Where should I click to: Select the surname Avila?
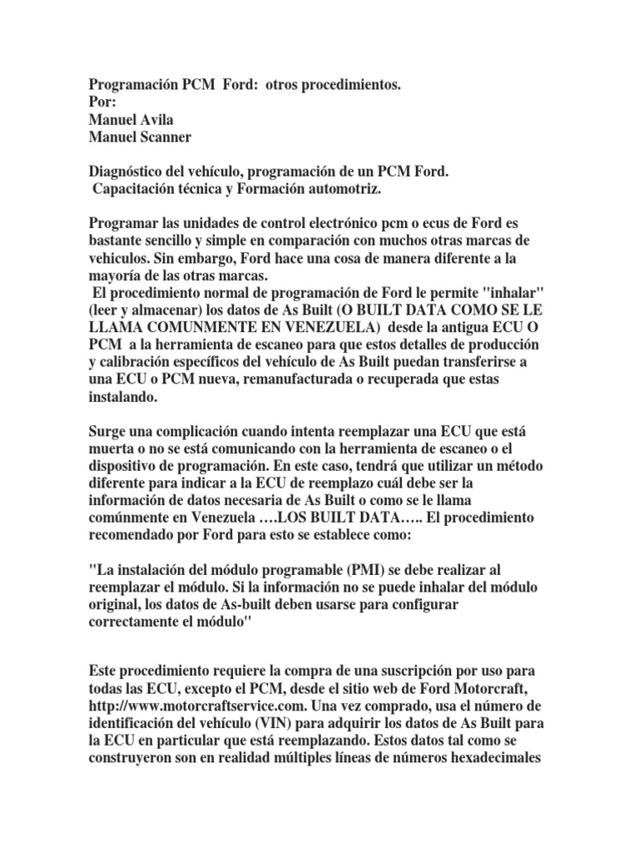point(154,118)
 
